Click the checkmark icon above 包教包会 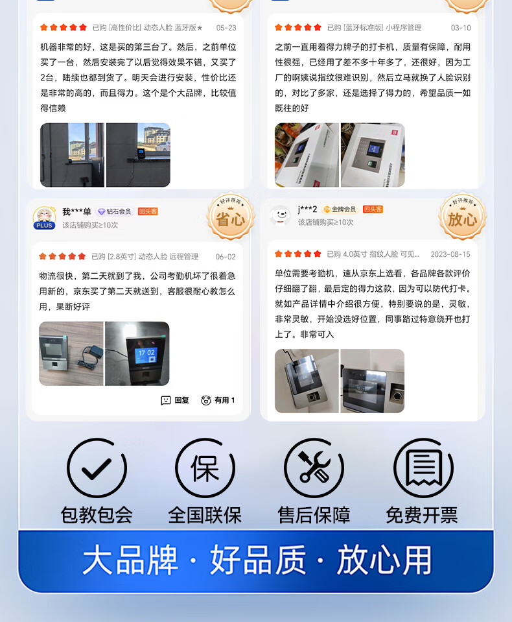tap(97, 468)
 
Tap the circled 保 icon tap(205, 468)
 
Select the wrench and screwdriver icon tap(314, 468)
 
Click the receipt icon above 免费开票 tap(423, 468)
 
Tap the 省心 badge tap(231, 217)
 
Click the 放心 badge tap(463, 217)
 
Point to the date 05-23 tap(226, 28)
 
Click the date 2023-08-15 tap(450, 254)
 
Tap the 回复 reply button tap(175, 400)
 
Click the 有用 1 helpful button tap(218, 400)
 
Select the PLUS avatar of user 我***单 tap(44, 218)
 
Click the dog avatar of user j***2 tap(280, 215)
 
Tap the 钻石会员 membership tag tap(114, 211)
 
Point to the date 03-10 tap(461, 28)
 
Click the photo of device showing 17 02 tap(137, 353)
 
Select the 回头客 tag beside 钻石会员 tap(148, 211)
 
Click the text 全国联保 tap(205, 515)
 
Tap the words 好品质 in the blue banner tap(258, 560)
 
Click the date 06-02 tap(226, 257)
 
